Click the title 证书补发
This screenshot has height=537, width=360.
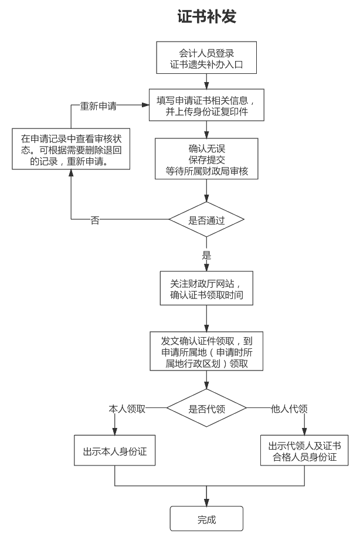pyautogui.click(x=206, y=17)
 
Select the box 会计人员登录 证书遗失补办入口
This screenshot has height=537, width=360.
pyautogui.click(x=206, y=58)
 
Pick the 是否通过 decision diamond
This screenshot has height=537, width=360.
pyautogui.click(x=206, y=220)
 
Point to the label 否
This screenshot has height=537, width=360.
pyautogui.click(x=94, y=220)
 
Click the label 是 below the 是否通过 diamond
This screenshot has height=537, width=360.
pyautogui.click(x=206, y=256)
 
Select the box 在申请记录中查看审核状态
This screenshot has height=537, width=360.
pyautogui.click(x=71, y=149)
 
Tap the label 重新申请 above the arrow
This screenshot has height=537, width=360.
pyautogui.click(x=98, y=106)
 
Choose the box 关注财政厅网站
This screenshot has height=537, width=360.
pyautogui.click(x=206, y=288)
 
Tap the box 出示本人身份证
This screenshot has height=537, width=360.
pyautogui.click(x=114, y=451)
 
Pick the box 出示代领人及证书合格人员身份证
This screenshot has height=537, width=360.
pyautogui.click(x=304, y=451)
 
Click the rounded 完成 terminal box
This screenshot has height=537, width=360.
pyautogui.click(x=206, y=519)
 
